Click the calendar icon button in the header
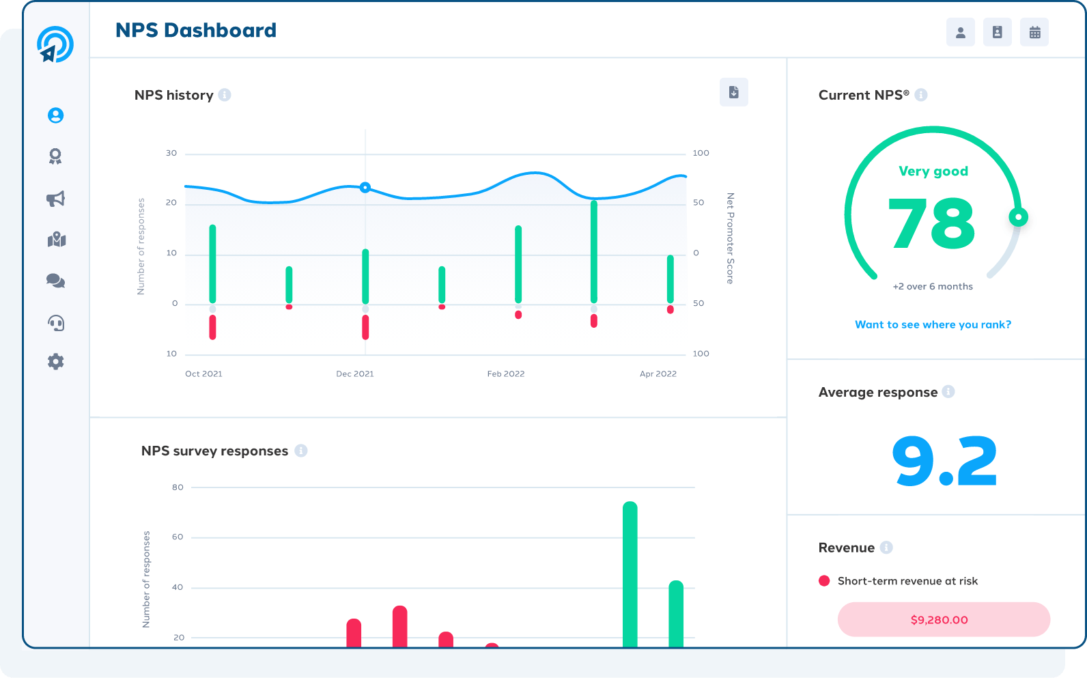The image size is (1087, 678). pyautogui.click(x=1034, y=33)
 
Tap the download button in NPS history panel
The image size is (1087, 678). pyautogui.click(x=734, y=92)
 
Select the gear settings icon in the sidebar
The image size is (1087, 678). pyautogui.click(x=56, y=362)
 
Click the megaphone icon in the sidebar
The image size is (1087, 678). pyautogui.click(x=56, y=199)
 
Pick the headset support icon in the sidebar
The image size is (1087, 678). pyautogui.click(x=56, y=323)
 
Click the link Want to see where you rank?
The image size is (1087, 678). pyautogui.click(x=933, y=325)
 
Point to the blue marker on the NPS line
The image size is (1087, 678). pyautogui.click(x=365, y=187)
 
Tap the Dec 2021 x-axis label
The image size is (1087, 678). pyautogui.click(x=355, y=373)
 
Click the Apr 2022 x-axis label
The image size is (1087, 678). pyautogui.click(x=658, y=373)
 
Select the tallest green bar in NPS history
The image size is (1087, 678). pyautogui.click(x=594, y=251)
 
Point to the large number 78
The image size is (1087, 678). pyautogui.click(x=931, y=223)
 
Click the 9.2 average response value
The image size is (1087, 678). pyautogui.click(x=944, y=461)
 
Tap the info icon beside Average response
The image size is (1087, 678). pyautogui.click(x=948, y=392)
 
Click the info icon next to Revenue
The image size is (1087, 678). pyautogui.click(x=886, y=548)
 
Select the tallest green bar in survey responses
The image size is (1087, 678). pyautogui.click(x=630, y=575)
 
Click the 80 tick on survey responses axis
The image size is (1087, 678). pyautogui.click(x=178, y=488)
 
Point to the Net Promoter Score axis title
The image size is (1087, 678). pyautogui.click(x=731, y=238)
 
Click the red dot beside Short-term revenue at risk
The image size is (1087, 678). pyautogui.click(x=824, y=581)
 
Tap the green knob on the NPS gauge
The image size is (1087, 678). pyautogui.click(x=1018, y=217)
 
